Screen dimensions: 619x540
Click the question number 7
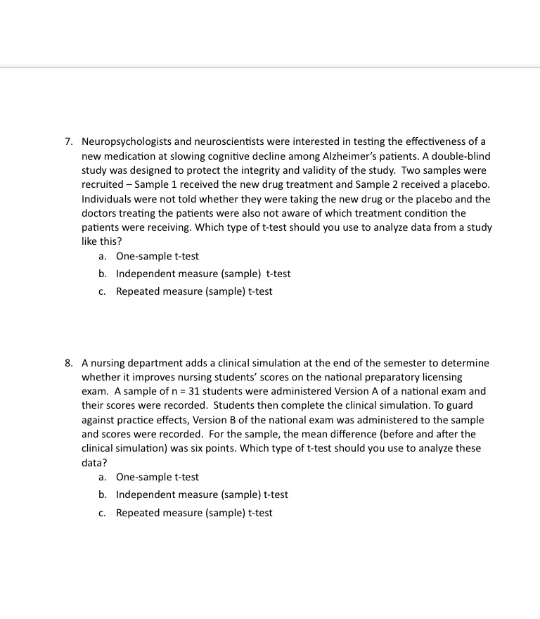[x=68, y=142]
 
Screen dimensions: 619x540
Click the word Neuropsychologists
[x=124, y=142]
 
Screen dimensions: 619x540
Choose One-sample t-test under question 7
[x=157, y=257]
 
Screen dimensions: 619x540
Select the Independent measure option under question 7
[x=202, y=274]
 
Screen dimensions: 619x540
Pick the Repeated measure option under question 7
[x=193, y=291]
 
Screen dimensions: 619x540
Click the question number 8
[x=68, y=363]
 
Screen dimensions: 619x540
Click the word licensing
[x=442, y=377]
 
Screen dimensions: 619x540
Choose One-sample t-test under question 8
[x=157, y=478]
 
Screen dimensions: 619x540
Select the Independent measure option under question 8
[x=201, y=495]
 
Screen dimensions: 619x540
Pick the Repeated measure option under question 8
[x=193, y=513]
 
